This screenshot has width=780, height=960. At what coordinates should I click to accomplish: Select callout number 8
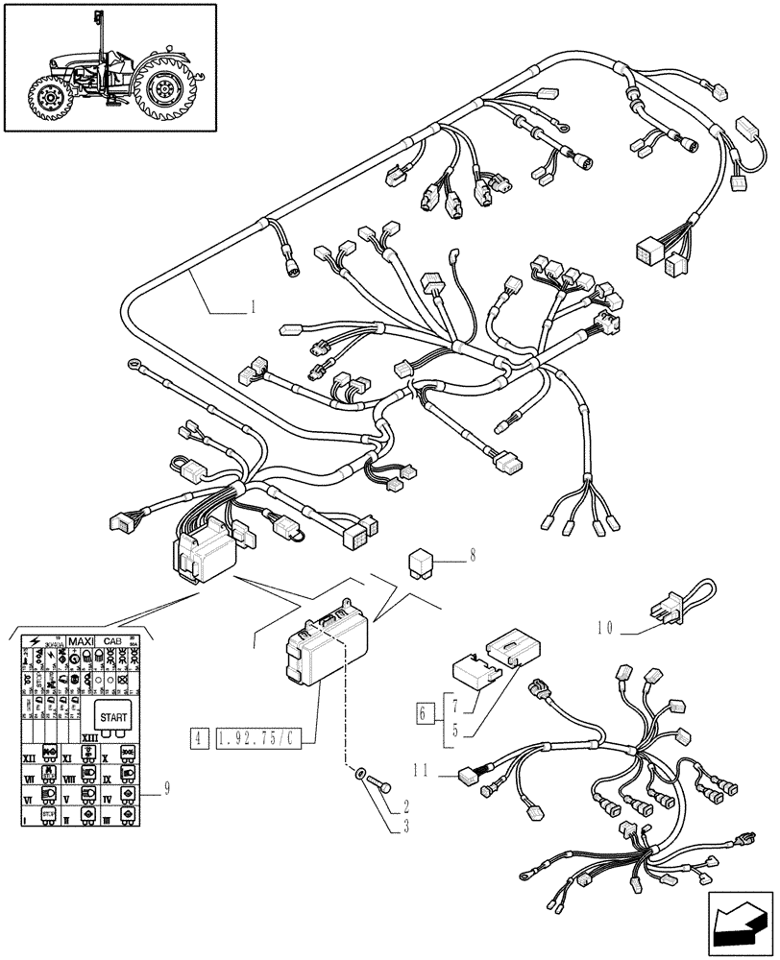pyautogui.click(x=472, y=554)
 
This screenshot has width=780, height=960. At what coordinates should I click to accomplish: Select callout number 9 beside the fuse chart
pyautogui.click(x=168, y=789)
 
